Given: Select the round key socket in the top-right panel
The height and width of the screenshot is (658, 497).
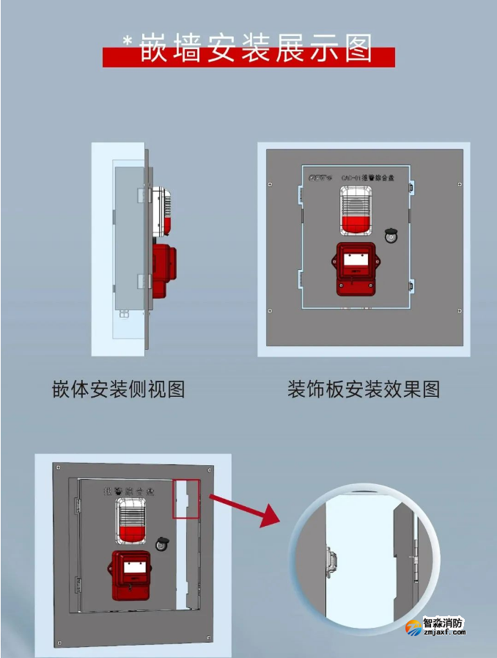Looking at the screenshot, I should pos(391,235).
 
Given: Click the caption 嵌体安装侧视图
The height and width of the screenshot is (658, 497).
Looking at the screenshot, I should pos(118,389).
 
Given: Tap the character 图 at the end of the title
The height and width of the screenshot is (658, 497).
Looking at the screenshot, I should pos(354,48).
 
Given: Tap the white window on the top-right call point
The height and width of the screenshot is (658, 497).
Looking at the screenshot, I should pos(356,258).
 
